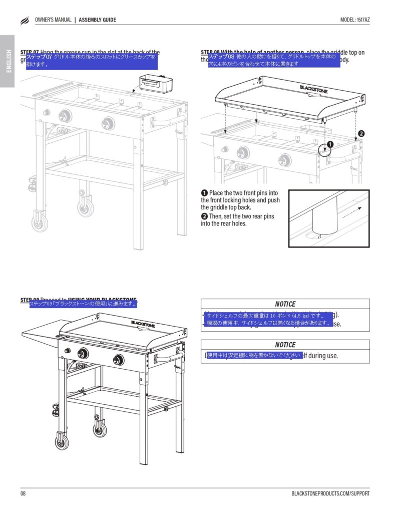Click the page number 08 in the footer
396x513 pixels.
(23, 493)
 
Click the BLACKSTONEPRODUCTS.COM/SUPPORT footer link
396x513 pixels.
(330, 493)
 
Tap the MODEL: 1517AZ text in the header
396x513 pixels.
(355, 20)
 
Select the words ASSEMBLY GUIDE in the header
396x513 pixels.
(98, 20)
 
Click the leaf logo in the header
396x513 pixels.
(25, 21)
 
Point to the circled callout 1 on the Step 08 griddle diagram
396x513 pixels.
(330, 145)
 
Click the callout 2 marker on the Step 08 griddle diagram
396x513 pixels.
(361, 133)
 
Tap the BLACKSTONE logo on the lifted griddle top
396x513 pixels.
(314, 89)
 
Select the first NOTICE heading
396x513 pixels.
(285, 304)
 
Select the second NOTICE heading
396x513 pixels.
(285, 345)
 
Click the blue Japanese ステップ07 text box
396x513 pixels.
(92, 61)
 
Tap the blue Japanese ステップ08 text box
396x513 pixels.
(273, 61)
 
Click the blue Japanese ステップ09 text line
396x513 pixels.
(83, 304)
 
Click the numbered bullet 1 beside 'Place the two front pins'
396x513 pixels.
(204, 193)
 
